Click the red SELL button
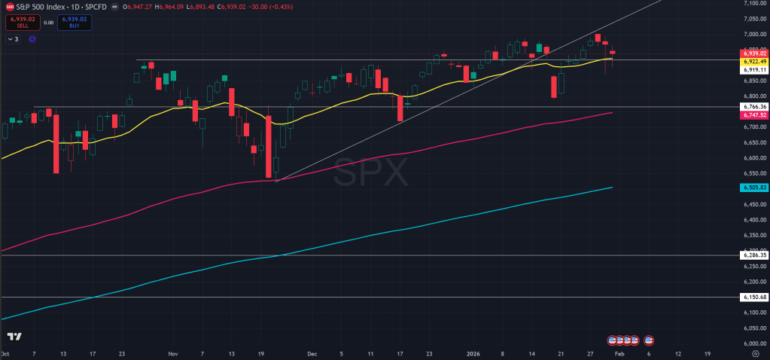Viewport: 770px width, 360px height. pos(17,23)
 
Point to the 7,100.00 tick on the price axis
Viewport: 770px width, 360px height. pos(754,3)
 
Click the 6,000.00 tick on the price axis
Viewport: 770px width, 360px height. pos(754,343)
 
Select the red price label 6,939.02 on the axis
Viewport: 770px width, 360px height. pos(754,53)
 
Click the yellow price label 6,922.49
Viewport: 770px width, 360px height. pos(754,62)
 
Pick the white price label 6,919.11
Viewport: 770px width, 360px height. pos(754,70)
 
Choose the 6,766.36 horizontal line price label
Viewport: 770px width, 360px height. pos(754,107)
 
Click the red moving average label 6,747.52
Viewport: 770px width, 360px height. pos(754,115)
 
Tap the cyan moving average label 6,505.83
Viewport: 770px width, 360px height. pos(754,188)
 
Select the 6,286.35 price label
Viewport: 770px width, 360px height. pos(754,255)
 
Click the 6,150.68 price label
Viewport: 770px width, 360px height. pos(754,297)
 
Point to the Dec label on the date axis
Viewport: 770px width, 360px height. pos(313,352)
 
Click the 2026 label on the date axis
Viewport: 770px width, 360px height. pos(473,352)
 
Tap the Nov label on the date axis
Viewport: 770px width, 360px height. pos(173,352)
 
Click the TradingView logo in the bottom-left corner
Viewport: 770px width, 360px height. pos(14,337)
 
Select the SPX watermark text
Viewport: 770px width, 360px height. pos(370,174)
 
